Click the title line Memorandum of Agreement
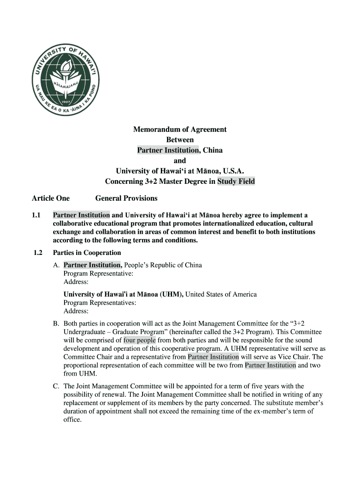(x=180, y=129)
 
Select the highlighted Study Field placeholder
(x=236, y=181)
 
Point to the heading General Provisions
(x=126, y=198)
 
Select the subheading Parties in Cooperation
(x=87, y=253)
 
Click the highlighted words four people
(x=140, y=340)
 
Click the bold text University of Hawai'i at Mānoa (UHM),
(x=124, y=294)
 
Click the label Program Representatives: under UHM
(x=100, y=303)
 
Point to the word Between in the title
(x=180, y=139)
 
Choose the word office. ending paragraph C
(x=72, y=420)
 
